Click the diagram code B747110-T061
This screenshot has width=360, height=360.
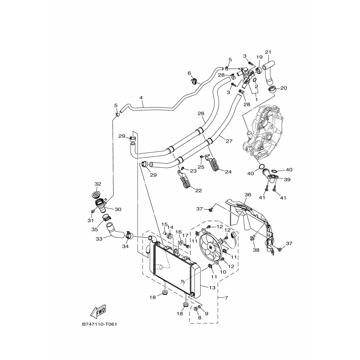[100, 325]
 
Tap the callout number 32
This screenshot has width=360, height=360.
[98, 184]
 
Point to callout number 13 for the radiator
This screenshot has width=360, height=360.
[213, 288]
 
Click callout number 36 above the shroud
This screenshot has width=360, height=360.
[248, 195]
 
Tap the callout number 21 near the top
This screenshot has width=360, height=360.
[268, 52]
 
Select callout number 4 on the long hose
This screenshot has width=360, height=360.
[141, 98]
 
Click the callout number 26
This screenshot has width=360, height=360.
[201, 114]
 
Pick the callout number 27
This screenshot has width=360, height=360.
[229, 141]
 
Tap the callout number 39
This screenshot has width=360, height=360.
[287, 179]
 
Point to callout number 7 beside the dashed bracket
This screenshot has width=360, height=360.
[226, 298]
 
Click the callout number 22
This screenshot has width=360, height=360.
[199, 191]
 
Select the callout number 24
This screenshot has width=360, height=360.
[228, 172]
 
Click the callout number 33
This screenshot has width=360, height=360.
[99, 239]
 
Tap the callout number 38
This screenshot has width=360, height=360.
[256, 250]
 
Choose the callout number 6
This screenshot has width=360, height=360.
[189, 73]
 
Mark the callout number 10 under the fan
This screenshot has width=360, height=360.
[223, 272]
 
